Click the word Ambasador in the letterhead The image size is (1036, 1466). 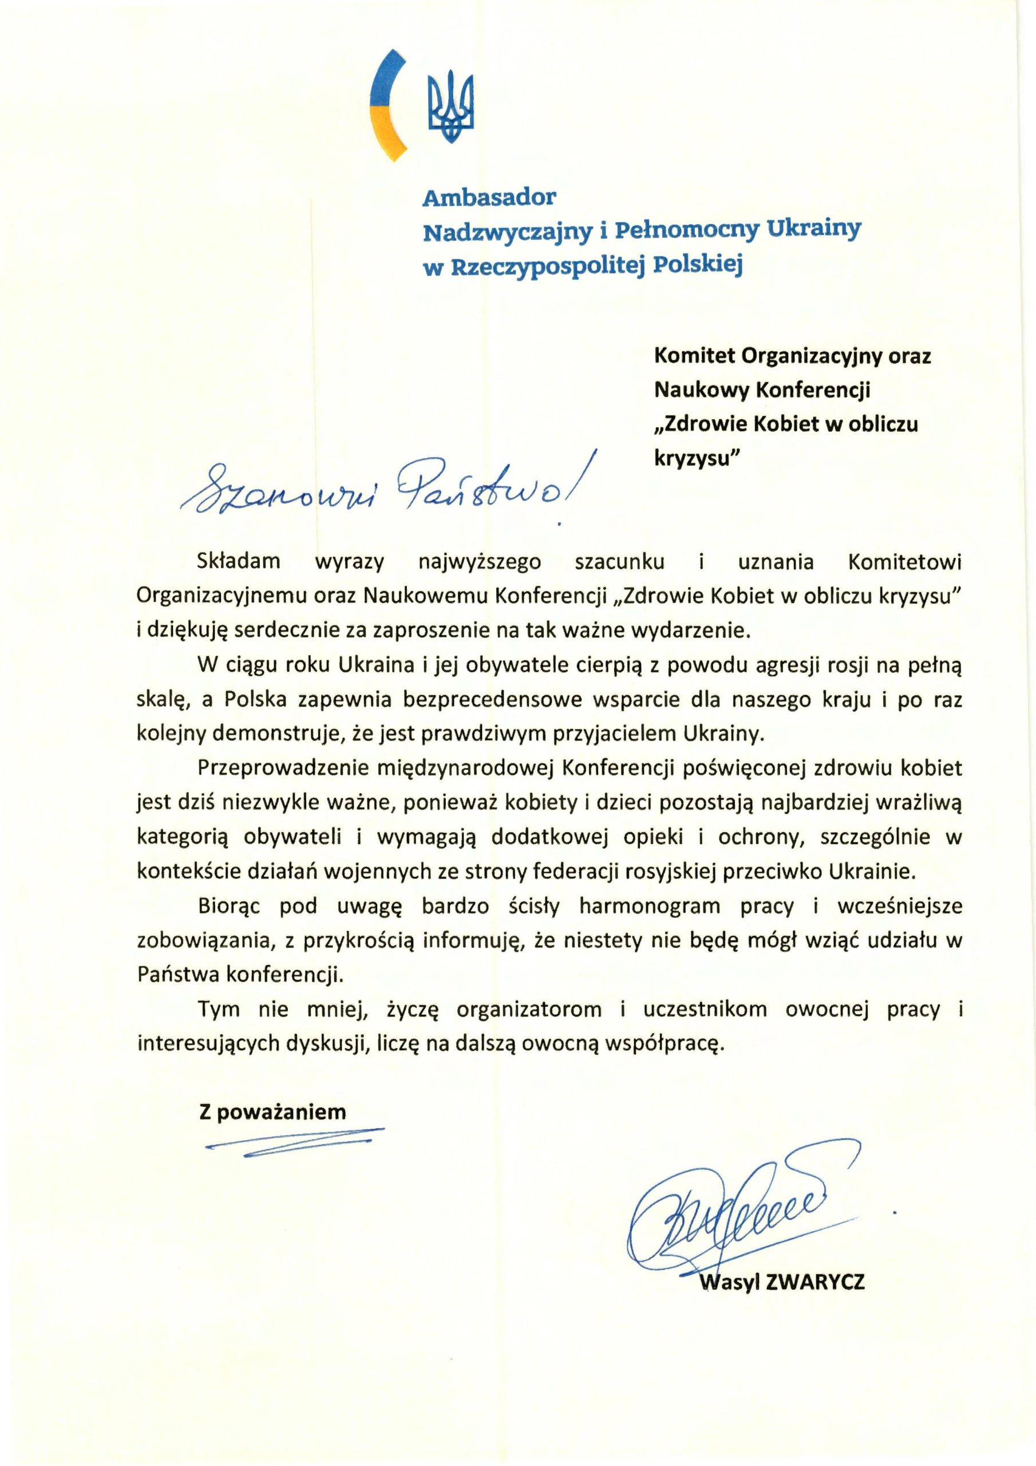pyautogui.click(x=489, y=198)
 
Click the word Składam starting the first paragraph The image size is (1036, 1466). pyautogui.click(x=239, y=562)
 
